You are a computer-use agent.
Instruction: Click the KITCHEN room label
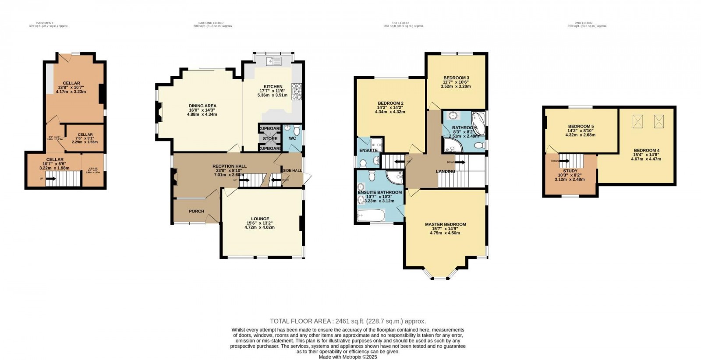(273, 86)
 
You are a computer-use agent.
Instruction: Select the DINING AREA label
(202, 106)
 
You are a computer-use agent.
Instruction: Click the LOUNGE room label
(260, 219)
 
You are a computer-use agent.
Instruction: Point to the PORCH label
(196, 211)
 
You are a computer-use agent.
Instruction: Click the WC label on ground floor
(292, 138)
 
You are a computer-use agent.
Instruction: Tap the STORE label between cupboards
(270, 139)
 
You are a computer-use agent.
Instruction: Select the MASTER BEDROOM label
(445, 224)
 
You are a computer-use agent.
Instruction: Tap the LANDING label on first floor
(445, 171)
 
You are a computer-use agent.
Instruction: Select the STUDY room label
(570, 171)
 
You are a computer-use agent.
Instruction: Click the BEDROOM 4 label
(646, 150)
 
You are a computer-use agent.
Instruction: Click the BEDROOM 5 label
(581, 126)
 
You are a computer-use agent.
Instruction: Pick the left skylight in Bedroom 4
(637, 122)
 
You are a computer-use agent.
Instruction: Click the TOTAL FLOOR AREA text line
(348, 321)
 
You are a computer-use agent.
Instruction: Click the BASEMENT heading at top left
(45, 23)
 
